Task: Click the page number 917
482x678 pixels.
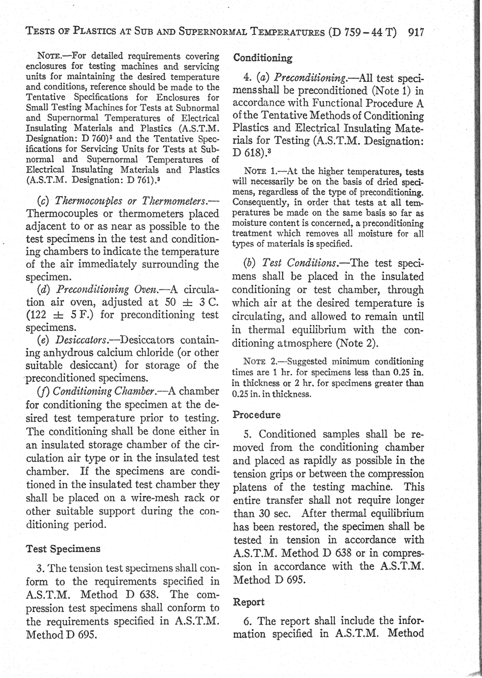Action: coord(416,33)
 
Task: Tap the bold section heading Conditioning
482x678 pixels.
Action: coord(262,58)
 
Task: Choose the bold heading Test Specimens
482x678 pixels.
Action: coord(63,549)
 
